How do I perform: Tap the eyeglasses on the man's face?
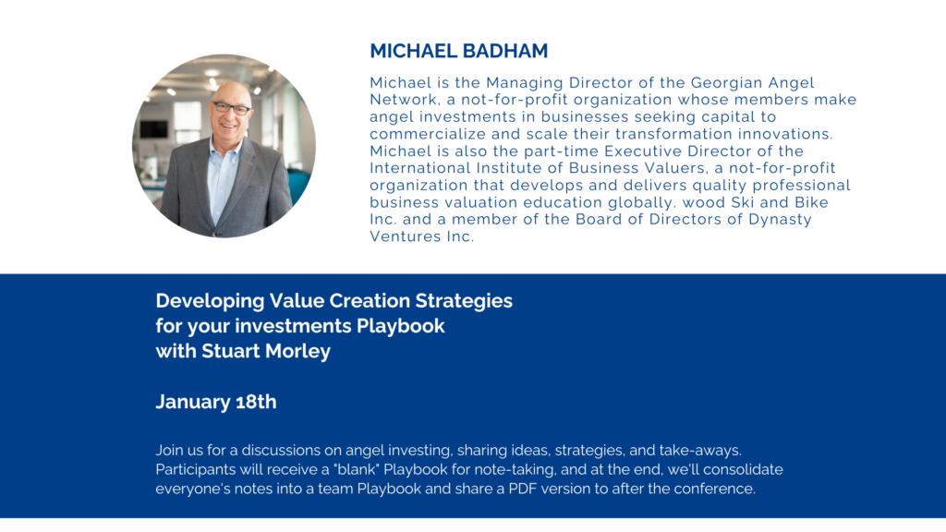[230, 109]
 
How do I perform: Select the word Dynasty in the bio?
[780, 220]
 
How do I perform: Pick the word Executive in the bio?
[643, 151]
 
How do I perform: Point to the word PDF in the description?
[523, 489]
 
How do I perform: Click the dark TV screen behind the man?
[154, 128]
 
